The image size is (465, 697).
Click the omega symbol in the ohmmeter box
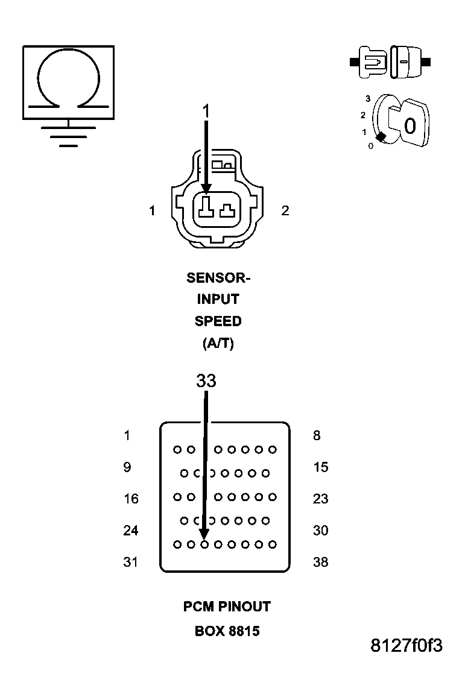tap(68, 78)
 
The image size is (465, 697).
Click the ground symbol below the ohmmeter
tap(68, 136)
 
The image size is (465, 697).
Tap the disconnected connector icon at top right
tap(390, 61)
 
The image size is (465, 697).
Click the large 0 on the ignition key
tap(410, 126)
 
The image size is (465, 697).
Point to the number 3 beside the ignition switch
tap(367, 98)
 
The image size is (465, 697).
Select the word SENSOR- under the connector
tap(218, 278)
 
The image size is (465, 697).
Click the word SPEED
tap(218, 321)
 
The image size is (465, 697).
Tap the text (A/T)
tap(218, 344)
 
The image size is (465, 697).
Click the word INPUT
tap(218, 300)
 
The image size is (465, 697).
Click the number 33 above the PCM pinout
tap(206, 381)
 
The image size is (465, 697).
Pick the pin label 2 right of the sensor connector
tap(285, 210)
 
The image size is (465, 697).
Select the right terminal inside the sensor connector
tap(227, 210)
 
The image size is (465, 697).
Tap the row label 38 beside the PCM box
tap(320, 563)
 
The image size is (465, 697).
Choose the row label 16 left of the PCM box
tap(131, 499)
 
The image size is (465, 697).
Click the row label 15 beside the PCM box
tap(320, 467)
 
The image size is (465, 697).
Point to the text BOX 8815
tap(227, 632)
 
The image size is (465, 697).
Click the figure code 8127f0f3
tap(406, 646)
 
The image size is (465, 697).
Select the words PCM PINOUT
tap(227, 607)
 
